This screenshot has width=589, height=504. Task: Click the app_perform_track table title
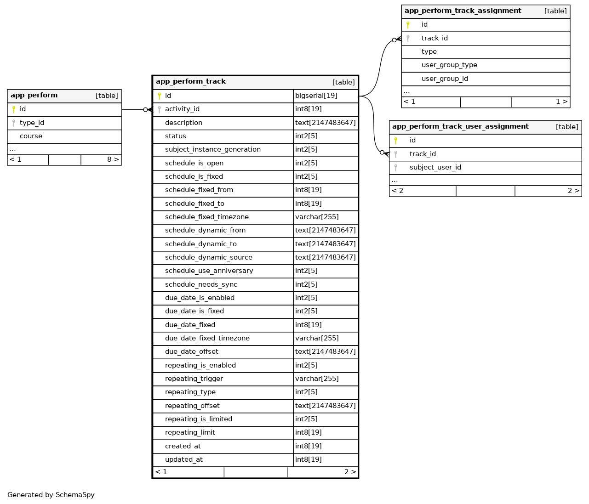click(191, 82)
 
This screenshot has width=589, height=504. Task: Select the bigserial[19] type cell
click(316, 96)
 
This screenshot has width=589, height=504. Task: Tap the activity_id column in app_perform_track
click(182, 109)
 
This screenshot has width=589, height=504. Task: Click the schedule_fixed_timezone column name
click(206, 217)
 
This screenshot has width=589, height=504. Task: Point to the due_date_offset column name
click(191, 351)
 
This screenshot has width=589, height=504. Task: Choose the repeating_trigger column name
click(194, 379)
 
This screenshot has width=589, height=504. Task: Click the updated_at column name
click(183, 459)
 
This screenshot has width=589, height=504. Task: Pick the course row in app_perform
click(31, 136)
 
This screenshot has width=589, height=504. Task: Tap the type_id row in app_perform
click(32, 123)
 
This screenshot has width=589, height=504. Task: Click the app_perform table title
click(34, 96)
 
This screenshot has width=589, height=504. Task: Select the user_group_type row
click(449, 65)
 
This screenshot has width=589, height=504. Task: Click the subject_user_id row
click(435, 167)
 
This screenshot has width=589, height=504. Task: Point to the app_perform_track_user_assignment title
click(460, 127)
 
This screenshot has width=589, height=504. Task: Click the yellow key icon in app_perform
click(14, 109)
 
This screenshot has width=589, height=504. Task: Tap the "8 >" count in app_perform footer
click(113, 159)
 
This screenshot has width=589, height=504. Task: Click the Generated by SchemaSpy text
click(51, 495)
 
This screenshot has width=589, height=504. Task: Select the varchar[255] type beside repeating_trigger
click(317, 379)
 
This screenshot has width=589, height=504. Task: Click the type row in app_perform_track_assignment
click(429, 51)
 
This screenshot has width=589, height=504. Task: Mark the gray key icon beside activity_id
click(160, 109)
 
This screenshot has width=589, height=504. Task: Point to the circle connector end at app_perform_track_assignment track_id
click(394, 40)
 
